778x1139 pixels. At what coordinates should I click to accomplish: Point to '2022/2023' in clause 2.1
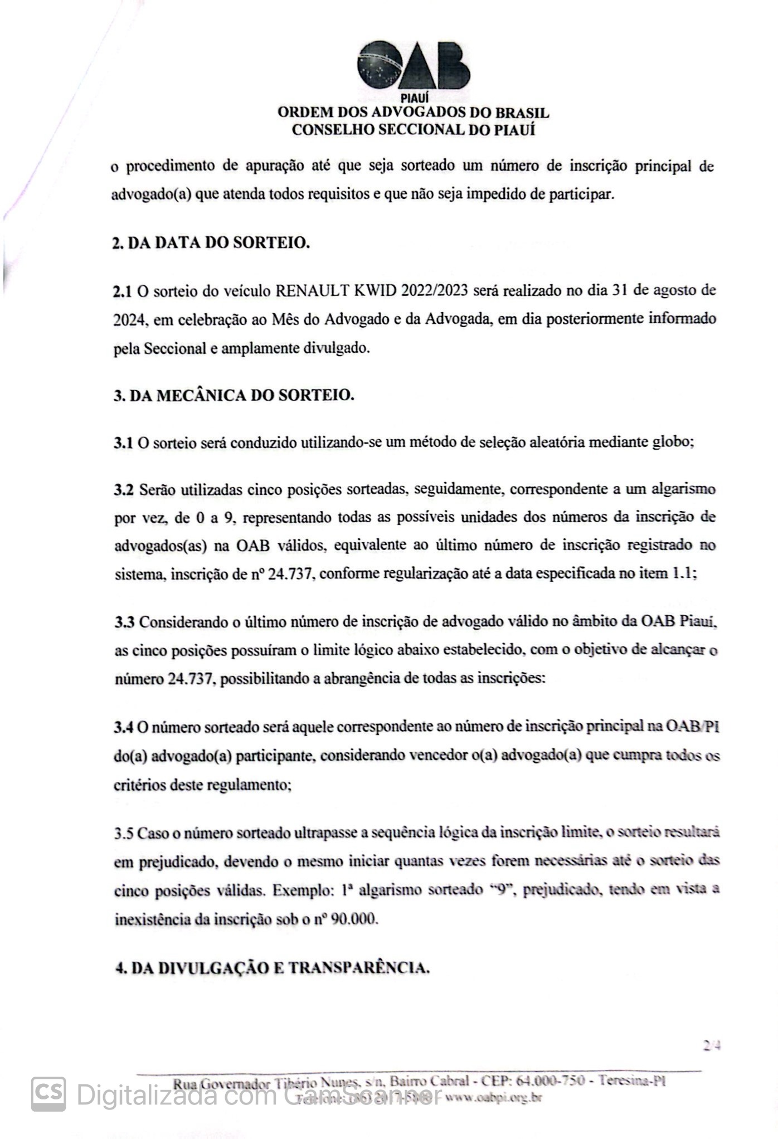point(436,290)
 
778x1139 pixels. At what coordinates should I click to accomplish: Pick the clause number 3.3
point(124,622)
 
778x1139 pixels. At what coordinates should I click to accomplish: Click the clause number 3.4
point(124,727)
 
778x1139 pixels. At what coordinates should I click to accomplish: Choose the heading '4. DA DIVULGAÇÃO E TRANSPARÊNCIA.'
point(272,968)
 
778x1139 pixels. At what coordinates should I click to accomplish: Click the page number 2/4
point(712,1046)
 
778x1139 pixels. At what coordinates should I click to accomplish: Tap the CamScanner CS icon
point(48,1094)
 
